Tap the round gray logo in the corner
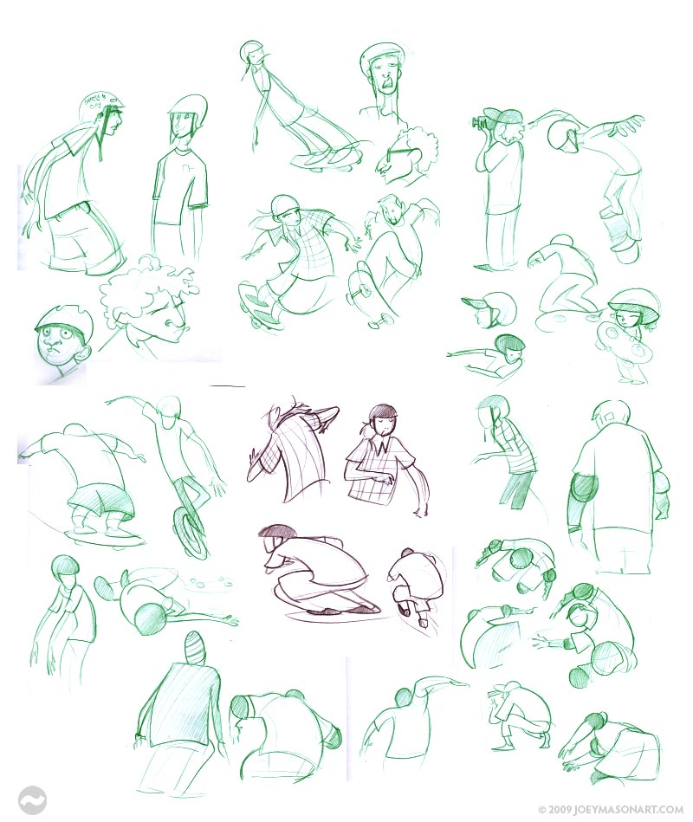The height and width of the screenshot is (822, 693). pos(32,799)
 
